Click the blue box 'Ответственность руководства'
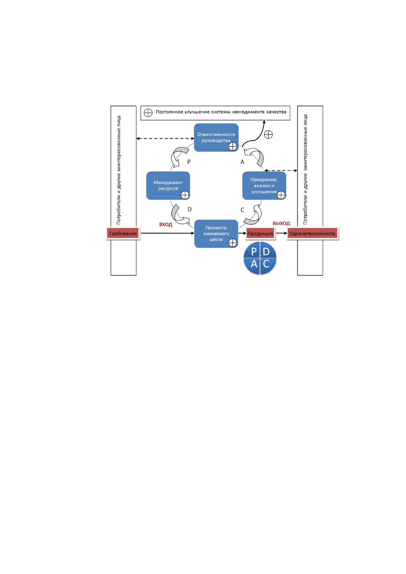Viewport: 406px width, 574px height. pyautogui.click(x=216, y=137)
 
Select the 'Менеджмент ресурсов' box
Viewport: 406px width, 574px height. pyautogui.click(x=168, y=185)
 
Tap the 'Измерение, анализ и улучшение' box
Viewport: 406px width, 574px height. pyautogui.click(x=264, y=185)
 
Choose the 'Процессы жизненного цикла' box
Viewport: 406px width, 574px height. pyautogui.click(x=216, y=233)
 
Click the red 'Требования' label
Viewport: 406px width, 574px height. pyautogui.click(x=123, y=233)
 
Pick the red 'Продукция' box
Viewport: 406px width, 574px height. pyautogui.click(x=260, y=233)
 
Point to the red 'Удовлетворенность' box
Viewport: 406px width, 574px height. pyautogui.click(x=313, y=233)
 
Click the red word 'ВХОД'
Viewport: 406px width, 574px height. pyautogui.click(x=166, y=225)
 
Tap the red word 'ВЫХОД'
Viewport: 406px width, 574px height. pyautogui.click(x=281, y=223)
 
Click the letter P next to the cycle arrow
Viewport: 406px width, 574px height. pyautogui.click(x=189, y=162)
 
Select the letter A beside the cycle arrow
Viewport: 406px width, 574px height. pyautogui.click(x=242, y=162)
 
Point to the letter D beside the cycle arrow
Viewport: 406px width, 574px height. pyautogui.click(x=190, y=209)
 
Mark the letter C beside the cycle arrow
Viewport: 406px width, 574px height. pyautogui.click(x=242, y=210)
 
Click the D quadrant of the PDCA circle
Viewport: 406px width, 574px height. pyautogui.click(x=267, y=251)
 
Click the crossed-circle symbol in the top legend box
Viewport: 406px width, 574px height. pyautogui.click(x=148, y=113)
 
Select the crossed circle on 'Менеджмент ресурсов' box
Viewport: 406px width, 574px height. pyautogui.click(x=185, y=195)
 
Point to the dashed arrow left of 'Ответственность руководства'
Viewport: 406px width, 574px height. pyautogui.click(x=165, y=139)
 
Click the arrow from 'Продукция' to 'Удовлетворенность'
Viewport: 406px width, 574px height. pyautogui.click(x=282, y=233)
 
